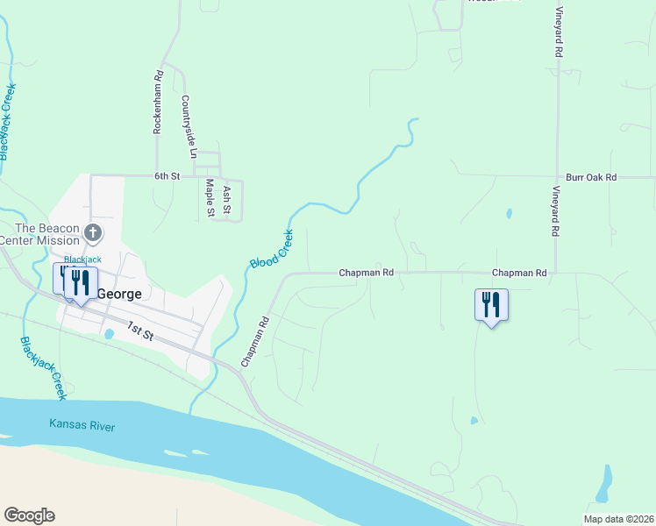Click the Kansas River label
(82, 426)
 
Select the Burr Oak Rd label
(591, 177)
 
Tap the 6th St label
(167, 176)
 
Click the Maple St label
(210, 197)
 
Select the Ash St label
(227, 200)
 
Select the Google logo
(29, 515)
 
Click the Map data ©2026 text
(618, 518)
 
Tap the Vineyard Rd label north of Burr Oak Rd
(558, 34)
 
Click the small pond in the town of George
(109, 334)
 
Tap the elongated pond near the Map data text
(604, 484)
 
